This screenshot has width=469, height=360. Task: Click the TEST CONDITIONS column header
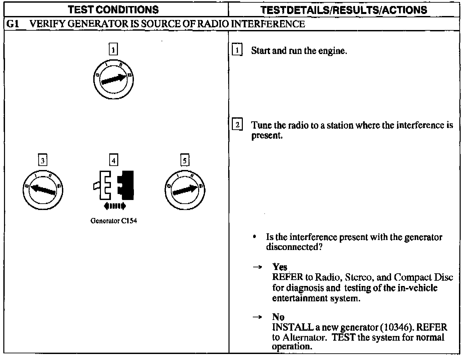tap(114, 10)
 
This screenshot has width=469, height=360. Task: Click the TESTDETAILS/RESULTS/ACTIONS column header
tap(344, 10)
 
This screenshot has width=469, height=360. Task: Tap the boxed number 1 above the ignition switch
tap(114, 50)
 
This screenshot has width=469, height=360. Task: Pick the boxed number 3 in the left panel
tap(43, 161)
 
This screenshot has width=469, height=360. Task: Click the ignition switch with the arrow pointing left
tap(43, 190)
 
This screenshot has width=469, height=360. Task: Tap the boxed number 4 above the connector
tap(114, 161)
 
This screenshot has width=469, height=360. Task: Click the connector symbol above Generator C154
tap(114, 185)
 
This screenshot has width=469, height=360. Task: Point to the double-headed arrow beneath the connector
tap(115, 206)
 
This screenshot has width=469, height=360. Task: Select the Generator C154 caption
tap(114, 221)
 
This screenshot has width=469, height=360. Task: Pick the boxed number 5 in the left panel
tap(185, 161)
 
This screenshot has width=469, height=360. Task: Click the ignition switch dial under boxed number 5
tap(185, 190)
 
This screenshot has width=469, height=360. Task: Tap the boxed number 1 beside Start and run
tap(237, 50)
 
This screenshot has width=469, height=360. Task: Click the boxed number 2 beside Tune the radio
tap(237, 125)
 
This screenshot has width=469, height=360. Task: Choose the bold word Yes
tap(279, 267)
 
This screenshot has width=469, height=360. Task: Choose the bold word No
tap(278, 317)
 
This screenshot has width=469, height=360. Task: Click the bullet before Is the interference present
tap(254, 237)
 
